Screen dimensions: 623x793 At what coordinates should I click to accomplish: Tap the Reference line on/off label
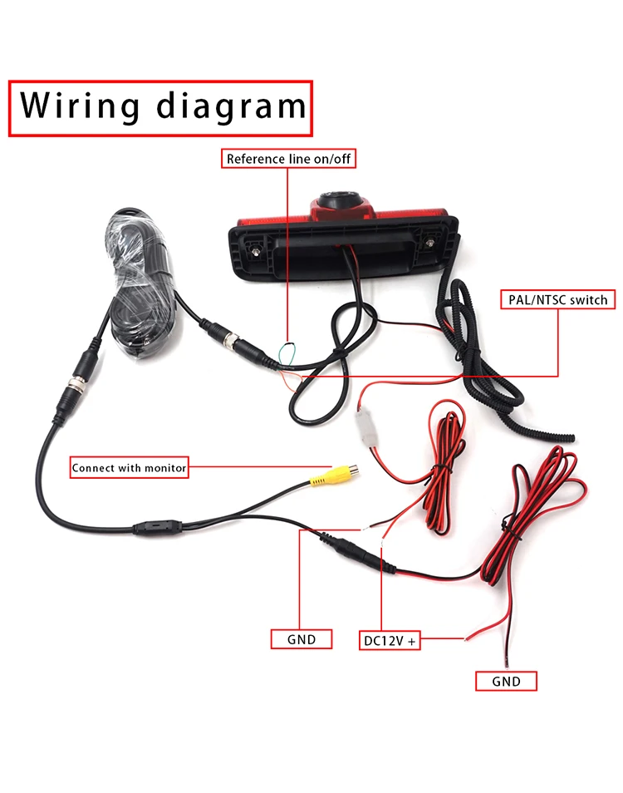click(289, 158)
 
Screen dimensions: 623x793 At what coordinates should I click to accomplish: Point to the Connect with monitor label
click(129, 468)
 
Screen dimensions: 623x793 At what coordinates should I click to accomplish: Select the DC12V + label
click(390, 640)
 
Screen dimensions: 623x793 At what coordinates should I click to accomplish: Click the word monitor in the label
click(165, 468)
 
